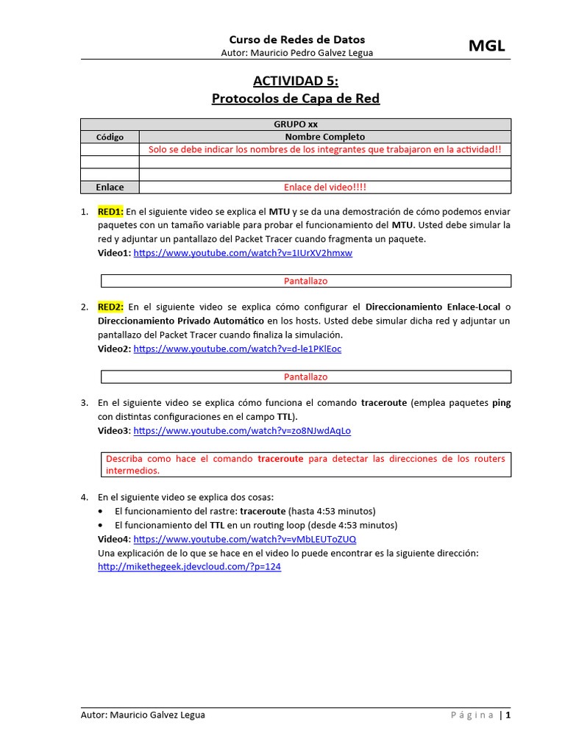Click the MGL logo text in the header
[x=487, y=46]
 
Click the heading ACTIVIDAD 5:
[x=296, y=80]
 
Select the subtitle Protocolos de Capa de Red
[x=296, y=98]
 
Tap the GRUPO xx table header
[x=296, y=124]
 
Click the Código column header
[x=110, y=137]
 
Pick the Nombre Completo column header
[x=324, y=137]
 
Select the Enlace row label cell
[x=110, y=187]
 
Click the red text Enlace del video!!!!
[x=324, y=187]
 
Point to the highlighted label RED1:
[x=111, y=211]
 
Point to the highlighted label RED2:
[x=111, y=307]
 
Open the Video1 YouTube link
[x=243, y=253]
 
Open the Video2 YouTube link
[x=237, y=349]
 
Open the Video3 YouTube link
[x=242, y=430]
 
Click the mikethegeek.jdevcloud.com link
[x=189, y=567]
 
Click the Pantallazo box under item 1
[x=305, y=281]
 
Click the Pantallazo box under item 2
[x=305, y=376]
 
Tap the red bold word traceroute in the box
[x=280, y=459]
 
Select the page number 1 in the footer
[x=508, y=715]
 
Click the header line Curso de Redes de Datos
[x=296, y=40]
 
